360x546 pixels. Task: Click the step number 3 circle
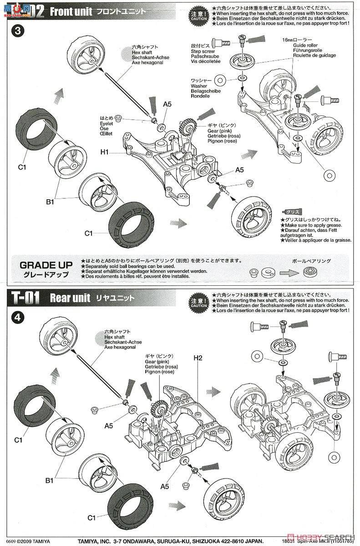point(17,31)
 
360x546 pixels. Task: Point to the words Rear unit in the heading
point(67,298)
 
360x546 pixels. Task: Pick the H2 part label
point(197,358)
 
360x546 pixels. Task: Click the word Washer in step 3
point(199,86)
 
